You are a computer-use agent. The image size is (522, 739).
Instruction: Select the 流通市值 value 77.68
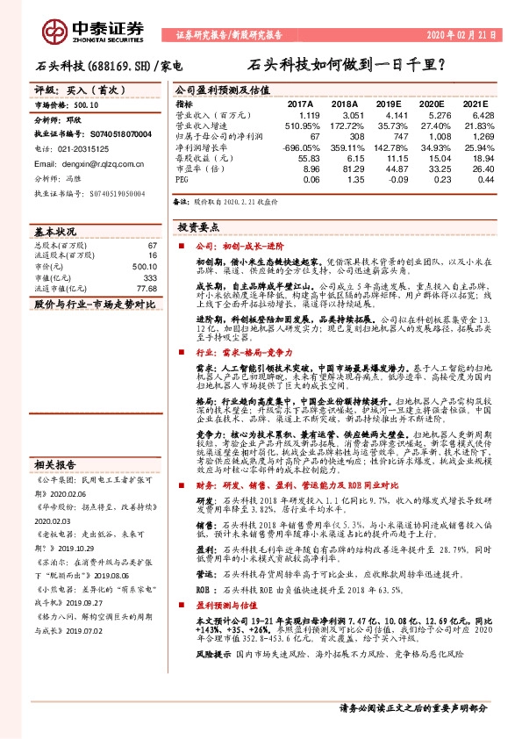147,288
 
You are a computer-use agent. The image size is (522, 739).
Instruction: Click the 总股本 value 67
152,247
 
